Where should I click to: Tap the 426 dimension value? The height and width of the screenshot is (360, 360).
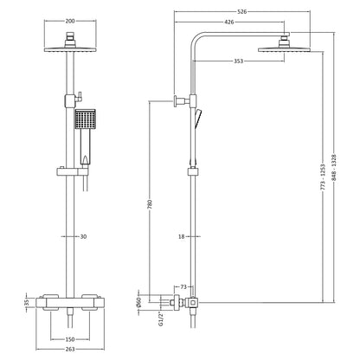click(x=228, y=21)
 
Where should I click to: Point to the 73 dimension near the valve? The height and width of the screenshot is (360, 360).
click(x=184, y=286)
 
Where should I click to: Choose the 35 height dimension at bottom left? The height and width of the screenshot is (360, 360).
click(x=26, y=303)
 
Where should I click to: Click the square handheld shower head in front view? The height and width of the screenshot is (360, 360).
click(x=84, y=119)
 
